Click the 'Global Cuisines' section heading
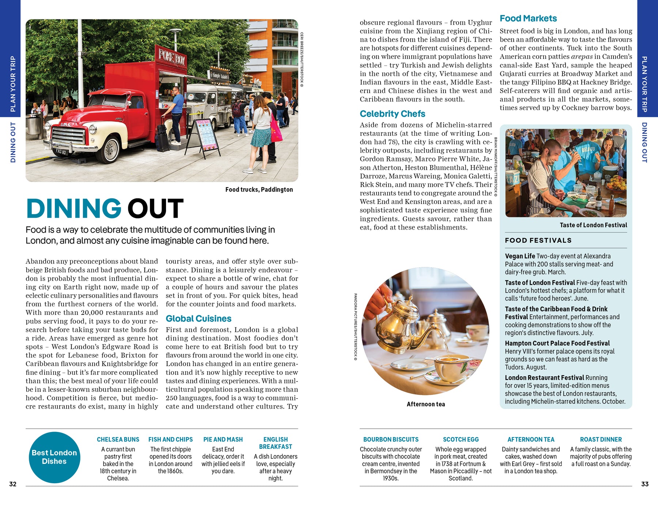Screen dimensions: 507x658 [198, 318]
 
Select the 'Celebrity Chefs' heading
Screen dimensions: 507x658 [392, 114]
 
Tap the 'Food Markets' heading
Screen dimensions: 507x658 [528, 18]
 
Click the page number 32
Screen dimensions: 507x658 [13, 484]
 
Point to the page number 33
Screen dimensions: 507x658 [645, 484]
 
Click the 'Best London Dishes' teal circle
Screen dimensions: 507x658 [54, 457]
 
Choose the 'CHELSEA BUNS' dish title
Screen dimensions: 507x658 [118, 439]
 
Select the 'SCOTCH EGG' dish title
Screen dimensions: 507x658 [461, 439]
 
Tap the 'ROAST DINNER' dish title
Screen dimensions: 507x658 [601, 439]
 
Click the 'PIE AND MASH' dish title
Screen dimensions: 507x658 [223, 439]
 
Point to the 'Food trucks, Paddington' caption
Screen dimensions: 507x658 [259, 189]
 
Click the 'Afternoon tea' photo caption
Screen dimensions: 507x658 [426, 404]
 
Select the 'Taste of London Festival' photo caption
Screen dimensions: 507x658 [593, 225]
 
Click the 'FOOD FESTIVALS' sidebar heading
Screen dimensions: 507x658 [538, 241]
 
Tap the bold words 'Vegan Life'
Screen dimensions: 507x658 [520, 256]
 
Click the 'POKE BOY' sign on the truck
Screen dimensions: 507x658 [171, 57]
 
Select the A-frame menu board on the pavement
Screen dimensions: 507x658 [204, 137]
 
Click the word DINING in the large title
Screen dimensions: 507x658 [74, 209]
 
